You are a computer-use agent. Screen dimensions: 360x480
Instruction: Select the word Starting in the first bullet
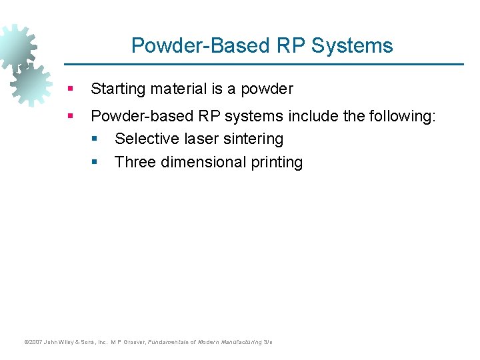tap(117, 88)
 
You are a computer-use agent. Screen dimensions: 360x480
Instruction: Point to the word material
tap(176, 88)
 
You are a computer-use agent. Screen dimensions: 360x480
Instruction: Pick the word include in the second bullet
tap(313, 116)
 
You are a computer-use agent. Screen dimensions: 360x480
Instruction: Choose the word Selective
tap(143, 139)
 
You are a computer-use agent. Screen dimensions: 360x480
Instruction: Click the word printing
tap(275, 162)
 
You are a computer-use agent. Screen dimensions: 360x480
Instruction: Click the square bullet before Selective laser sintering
tap(95, 139)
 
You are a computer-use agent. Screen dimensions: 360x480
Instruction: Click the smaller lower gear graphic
tap(30, 85)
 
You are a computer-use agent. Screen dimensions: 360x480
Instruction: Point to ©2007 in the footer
tap(32, 342)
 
